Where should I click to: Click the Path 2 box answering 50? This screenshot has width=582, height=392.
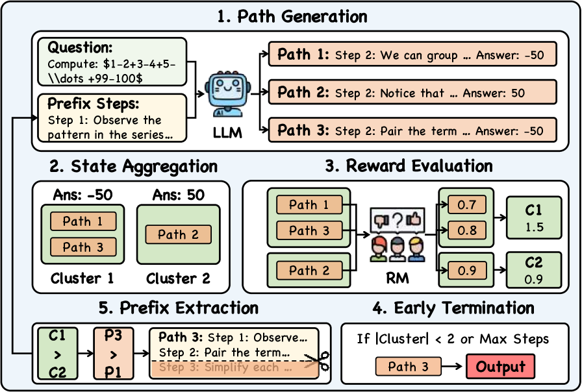(x=412, y=93)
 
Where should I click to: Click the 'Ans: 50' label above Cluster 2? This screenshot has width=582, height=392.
(x=178, y=195)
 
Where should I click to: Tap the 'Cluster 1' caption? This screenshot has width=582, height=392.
(x=81, y=278)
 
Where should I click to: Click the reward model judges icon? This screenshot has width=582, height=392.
(x=396, y=238)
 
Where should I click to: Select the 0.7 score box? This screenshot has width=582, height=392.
(x=466, y=206)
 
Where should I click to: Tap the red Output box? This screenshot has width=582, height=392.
(x=500, y=367)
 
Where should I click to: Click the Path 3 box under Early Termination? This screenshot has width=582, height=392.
(x=407, y=367)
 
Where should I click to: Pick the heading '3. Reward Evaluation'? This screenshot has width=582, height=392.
(x=409, y=167)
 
